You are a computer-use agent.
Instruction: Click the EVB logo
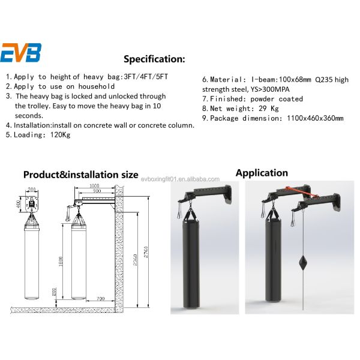click(21, 53)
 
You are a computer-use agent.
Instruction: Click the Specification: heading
click(154, 59)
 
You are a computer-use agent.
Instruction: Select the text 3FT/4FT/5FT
click(146, 76)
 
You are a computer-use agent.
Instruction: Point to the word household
click(97, 86)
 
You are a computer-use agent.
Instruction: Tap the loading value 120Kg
click(61, 135)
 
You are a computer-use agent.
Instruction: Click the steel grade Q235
click(324, 80)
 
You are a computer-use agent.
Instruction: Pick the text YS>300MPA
click(270, 89)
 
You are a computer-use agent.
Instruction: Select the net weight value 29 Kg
click(269, 109)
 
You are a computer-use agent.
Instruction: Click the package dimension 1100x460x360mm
click(315, 118)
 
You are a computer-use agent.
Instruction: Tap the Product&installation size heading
click(81, 175)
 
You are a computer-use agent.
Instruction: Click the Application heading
click(262, 173)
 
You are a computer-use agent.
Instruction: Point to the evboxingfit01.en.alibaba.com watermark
click(180, 179)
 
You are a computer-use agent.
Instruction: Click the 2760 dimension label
click(146, 252)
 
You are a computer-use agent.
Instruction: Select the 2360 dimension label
click(135, 260)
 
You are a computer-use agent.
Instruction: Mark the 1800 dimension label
click(61, 262)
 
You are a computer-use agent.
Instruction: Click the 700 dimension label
click(100, 298)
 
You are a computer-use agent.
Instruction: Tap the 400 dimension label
click(19, 204)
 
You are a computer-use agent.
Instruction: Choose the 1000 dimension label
click(94, 185)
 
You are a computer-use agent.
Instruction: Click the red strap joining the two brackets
click(301, 192)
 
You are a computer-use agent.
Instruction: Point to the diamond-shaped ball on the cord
click(303, 262)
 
